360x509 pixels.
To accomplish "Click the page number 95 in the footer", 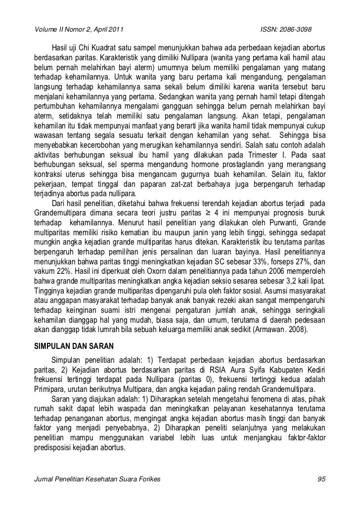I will (x=321, y=480).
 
